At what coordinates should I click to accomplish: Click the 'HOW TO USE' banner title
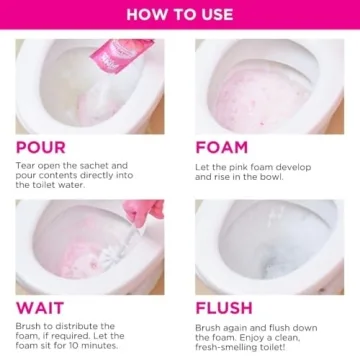180,14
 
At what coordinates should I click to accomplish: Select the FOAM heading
222,148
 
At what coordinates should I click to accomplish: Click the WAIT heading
39,308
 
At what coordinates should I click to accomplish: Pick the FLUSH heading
224,308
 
